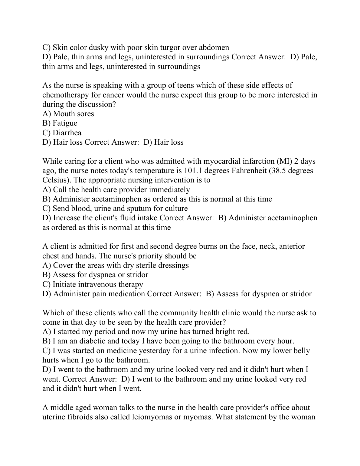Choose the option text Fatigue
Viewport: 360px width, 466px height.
65,123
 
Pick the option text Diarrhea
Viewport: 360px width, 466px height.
67,133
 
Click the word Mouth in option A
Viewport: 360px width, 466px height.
63,114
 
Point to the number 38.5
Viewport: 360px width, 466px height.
274,171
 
